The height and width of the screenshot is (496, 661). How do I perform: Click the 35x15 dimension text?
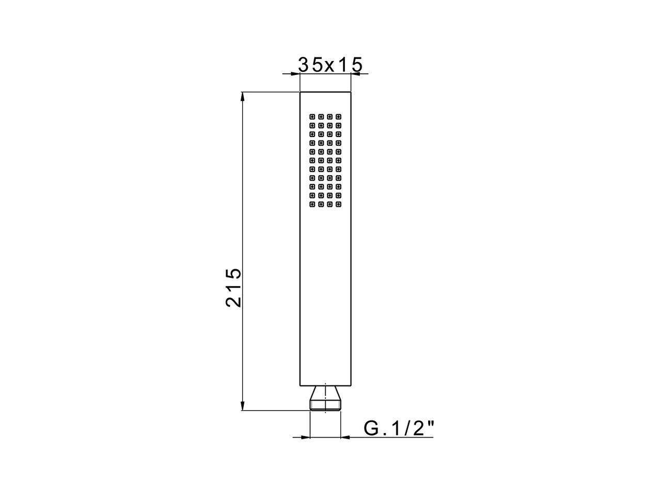pos(330,65)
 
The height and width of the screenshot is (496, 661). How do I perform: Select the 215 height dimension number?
pos(234,288)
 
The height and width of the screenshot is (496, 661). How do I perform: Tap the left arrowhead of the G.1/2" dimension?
pos(305,438)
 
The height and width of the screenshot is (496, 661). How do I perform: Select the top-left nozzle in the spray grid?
pos(312,116)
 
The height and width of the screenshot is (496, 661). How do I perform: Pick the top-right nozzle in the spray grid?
pos(338,116)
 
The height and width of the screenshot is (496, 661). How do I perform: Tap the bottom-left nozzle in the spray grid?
pos(312,204)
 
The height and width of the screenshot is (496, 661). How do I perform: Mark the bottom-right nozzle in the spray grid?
pos(338,204)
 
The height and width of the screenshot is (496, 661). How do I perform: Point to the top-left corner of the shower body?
pos(300,92)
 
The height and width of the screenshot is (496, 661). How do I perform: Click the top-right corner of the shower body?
pos(351,92)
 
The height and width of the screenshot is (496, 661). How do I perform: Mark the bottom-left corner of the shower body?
pos(300,386)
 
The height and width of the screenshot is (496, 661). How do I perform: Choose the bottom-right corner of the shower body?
pos(351,386)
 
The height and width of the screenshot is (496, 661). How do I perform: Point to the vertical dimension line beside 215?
pos(243,207)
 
